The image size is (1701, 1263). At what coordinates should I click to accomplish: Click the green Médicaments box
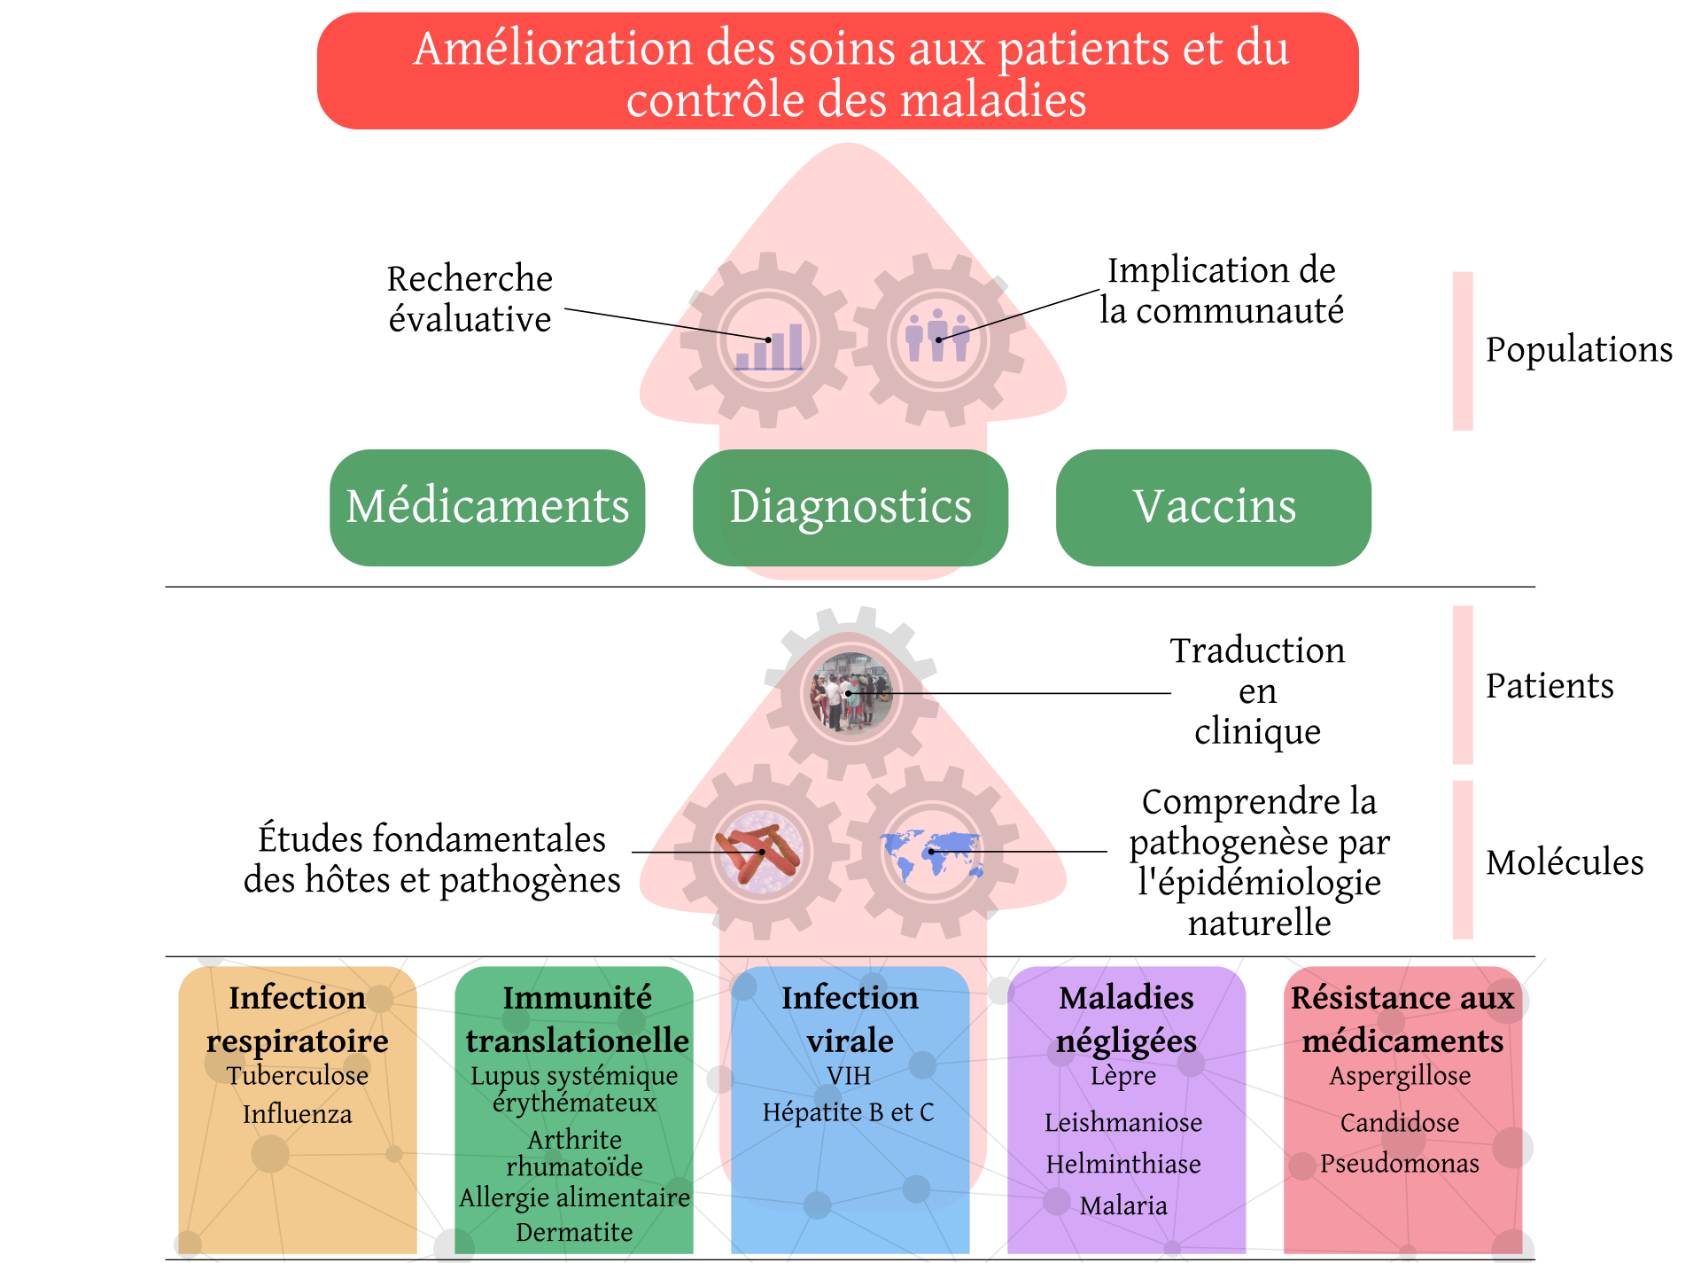pyautogui.click(x=487, y=508)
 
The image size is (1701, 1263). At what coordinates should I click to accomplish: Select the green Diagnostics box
pyautogui.click(x=850, y=508)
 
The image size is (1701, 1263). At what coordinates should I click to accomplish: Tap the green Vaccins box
pyautogui.click(x=1214, y=508)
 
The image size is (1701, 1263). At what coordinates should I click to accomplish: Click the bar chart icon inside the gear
pyautogui.click(x=769, y=347)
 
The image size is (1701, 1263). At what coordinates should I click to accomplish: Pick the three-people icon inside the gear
pyautogui.click(x=937, y=335)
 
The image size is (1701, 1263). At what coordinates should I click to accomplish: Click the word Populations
pyautogui.click(x=1579, y=350)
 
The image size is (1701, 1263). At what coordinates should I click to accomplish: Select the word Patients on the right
pyautogui.click(x=1550, y=686)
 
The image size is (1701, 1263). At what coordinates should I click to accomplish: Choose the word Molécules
pyautogui.click(x=1565, y=861)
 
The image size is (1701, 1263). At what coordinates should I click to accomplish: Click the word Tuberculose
pyautogui.click(x=298, y=1075)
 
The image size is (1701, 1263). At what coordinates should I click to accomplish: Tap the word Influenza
pyautogui.click(x=298, y=1114)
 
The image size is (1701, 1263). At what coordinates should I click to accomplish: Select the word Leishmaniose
pyautogui.click(x=1123, y=1122)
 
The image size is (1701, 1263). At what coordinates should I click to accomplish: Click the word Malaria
pyautogui.click(x=1123, y=1205)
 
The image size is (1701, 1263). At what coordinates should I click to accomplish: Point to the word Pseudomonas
pyautogui.click(x=1400, y=1163)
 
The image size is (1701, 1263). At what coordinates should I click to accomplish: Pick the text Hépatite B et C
pyautogui.click(x=849, y=1112)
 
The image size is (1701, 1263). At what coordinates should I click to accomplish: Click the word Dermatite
pyautogui.click(x=574, y=1232)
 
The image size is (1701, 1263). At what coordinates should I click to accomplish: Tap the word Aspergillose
pyautogui.click(x=1400, y=1076)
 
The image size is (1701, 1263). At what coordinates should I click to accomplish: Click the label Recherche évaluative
pyautogui.click(x=470, y=300)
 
